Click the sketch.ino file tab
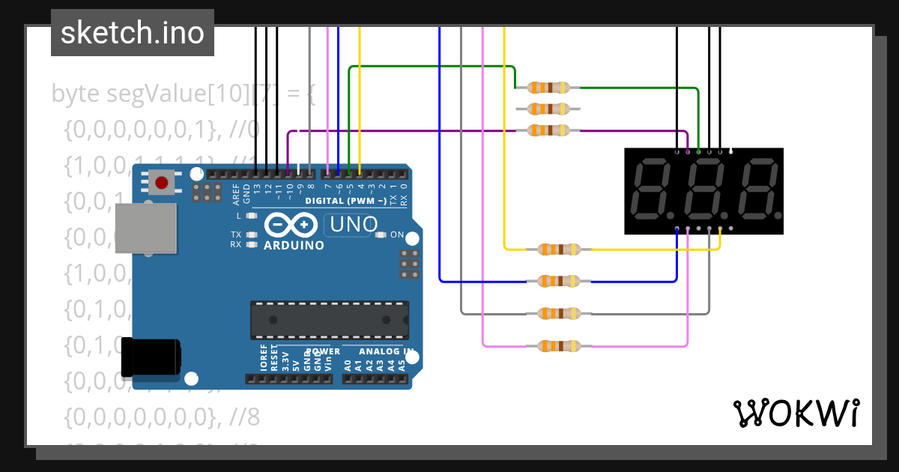(133, 33)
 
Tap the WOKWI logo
(796, 413)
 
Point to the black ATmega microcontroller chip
(330, 320)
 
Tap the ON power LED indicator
(381, 235)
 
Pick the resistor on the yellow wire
(559, 249)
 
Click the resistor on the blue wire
(559, 282)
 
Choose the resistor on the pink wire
(559, 346)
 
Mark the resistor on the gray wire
(559, 313)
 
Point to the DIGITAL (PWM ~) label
(345, 201)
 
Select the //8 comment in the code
(244, 417)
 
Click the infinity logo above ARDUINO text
(291, 225)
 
